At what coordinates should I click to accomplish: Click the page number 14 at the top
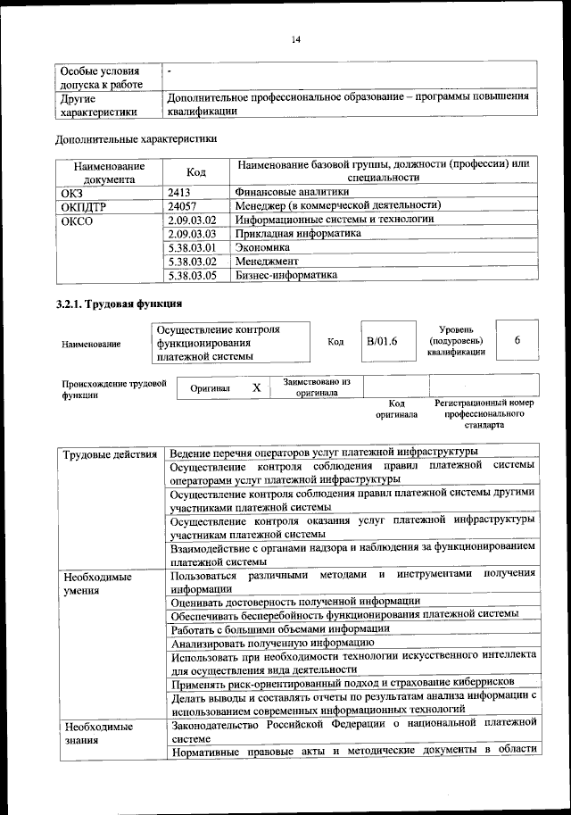coord(296,39)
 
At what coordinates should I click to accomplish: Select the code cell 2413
coord(179,191)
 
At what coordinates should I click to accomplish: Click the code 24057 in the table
coord(182,205)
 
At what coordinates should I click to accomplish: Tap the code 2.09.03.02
coord(193,220)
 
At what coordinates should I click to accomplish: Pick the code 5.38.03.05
coord(193,276)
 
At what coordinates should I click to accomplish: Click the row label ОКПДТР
coord(83,205)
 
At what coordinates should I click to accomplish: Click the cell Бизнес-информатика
coord(288,276)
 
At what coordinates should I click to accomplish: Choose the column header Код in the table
coord(196,171)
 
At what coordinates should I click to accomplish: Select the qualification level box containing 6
coord(517,342)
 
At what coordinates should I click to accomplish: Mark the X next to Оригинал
coord(256,388)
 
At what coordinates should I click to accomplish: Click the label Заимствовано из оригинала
coord(317,387)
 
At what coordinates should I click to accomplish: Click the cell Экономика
coord(264,247)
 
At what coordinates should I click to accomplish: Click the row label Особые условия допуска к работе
coord(98,77)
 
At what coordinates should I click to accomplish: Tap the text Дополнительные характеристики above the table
coord(136,138)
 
